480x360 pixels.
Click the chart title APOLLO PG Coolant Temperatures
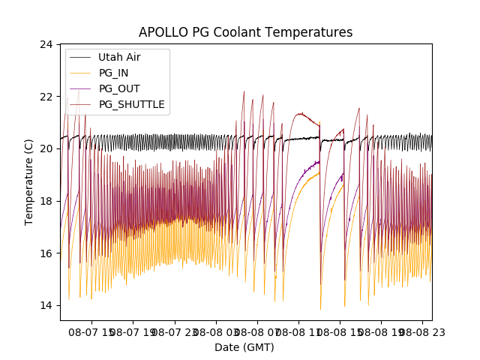pos(245,32)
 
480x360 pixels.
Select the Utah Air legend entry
pos(119,57)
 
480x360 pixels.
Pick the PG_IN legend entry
pos(113,73)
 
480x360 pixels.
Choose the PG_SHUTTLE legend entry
pos(131,104)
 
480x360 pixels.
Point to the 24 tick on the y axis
pos(46,45)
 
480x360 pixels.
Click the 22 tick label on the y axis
pos(46,97)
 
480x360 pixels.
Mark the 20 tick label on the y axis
pos(46,148)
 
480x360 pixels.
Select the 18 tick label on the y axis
pos(46,201)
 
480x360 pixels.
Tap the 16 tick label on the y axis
pos(46,253)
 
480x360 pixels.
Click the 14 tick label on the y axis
pos(46,305)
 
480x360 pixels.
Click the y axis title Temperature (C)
pos(29,182)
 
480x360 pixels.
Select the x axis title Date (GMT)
pos(244,347)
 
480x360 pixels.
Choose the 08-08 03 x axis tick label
pos(216,331)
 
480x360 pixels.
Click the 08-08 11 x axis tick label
pos(298,331)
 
